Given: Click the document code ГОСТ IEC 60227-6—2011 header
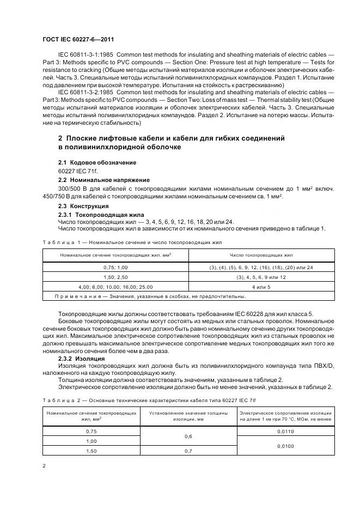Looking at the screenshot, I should [78, 39].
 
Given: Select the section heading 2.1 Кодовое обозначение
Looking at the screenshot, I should [97, 163].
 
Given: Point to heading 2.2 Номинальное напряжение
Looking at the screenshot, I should [103, 179].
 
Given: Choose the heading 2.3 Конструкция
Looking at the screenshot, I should [83, 207].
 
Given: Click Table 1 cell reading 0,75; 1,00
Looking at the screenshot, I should [115, 268].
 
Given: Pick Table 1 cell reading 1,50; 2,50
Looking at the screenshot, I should [115, 277].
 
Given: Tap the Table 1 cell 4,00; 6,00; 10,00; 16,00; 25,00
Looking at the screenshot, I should [115, 287].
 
